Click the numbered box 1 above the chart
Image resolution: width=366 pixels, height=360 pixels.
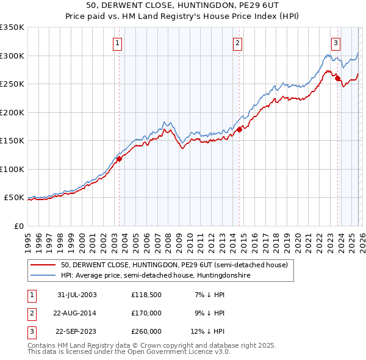click(x=117, y=43)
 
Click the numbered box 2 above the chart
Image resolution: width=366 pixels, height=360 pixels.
click(x=237, y=43)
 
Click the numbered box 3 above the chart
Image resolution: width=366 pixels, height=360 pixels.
click(x=335, y=43)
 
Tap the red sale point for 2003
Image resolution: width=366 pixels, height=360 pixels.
click(x=120, y=159)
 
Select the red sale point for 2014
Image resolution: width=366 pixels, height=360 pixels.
click(x=240, y=129)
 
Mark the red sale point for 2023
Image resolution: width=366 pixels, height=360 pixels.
click(x=337, y=78)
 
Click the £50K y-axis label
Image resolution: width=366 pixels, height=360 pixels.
click(x=14, y=198)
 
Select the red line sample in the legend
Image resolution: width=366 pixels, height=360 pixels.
click(x=44, y=265)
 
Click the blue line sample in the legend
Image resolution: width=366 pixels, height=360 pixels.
click(x=44, y=275)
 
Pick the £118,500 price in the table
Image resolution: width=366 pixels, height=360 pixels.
click(x=146, y=295)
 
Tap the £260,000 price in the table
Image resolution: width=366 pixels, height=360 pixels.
click(x=146, y=331)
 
